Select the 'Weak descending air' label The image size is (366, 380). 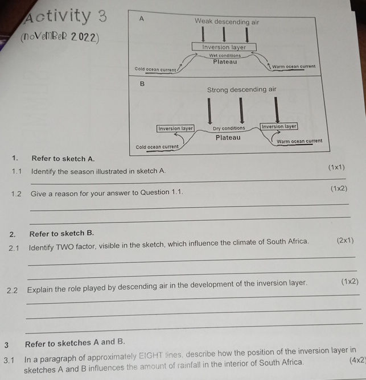click(x=227, y=22)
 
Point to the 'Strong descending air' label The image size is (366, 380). click(x=241, y=90)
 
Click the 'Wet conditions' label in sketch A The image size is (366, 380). click(x=225, y=56)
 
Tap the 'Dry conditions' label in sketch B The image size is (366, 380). click(x=229, y=129)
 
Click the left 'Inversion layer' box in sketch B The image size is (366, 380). click(x=176, y=129)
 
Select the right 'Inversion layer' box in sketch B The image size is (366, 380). click(x=278, y=126)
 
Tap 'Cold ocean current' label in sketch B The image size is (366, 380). click(x=157, y=147)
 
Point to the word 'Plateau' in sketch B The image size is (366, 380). click(x=228, y=138)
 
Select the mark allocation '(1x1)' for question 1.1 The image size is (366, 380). click(x=337, y=168)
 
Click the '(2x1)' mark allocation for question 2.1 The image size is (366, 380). click(x=345, y=241)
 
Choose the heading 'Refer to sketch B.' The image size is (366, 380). click(x=62, y=233)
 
